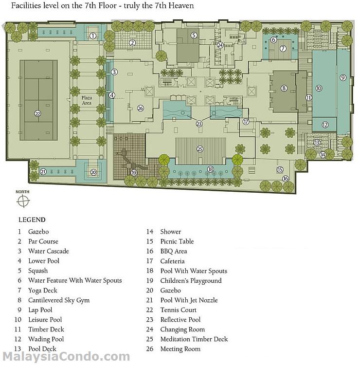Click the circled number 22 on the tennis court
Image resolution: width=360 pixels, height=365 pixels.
37,113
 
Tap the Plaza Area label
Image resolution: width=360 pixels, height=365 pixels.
87,100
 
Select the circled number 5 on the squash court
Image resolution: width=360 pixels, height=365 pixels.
194,36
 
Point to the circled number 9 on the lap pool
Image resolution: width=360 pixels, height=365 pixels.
343,77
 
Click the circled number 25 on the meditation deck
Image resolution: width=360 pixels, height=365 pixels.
200,149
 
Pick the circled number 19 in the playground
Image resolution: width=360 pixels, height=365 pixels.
134,173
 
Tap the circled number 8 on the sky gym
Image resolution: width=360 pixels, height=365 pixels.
284,88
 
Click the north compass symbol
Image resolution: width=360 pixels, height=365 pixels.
23,201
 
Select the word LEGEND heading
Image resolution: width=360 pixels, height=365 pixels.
32,220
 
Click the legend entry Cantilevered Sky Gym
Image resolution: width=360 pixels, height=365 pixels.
59,300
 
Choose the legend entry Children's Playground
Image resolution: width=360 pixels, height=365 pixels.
191,281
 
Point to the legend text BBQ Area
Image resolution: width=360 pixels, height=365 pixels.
174,251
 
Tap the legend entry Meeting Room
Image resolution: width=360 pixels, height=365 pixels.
180,349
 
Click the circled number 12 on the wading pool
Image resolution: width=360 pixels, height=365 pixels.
325,125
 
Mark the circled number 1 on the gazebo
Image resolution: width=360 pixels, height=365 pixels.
93,36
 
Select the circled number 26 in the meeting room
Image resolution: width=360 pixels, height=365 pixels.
140,108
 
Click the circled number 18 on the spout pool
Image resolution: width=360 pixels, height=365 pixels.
210,169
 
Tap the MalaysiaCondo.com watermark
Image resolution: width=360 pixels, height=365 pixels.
66,357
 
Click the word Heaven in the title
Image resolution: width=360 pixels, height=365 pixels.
181,5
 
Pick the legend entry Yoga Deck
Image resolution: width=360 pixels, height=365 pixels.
43,291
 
